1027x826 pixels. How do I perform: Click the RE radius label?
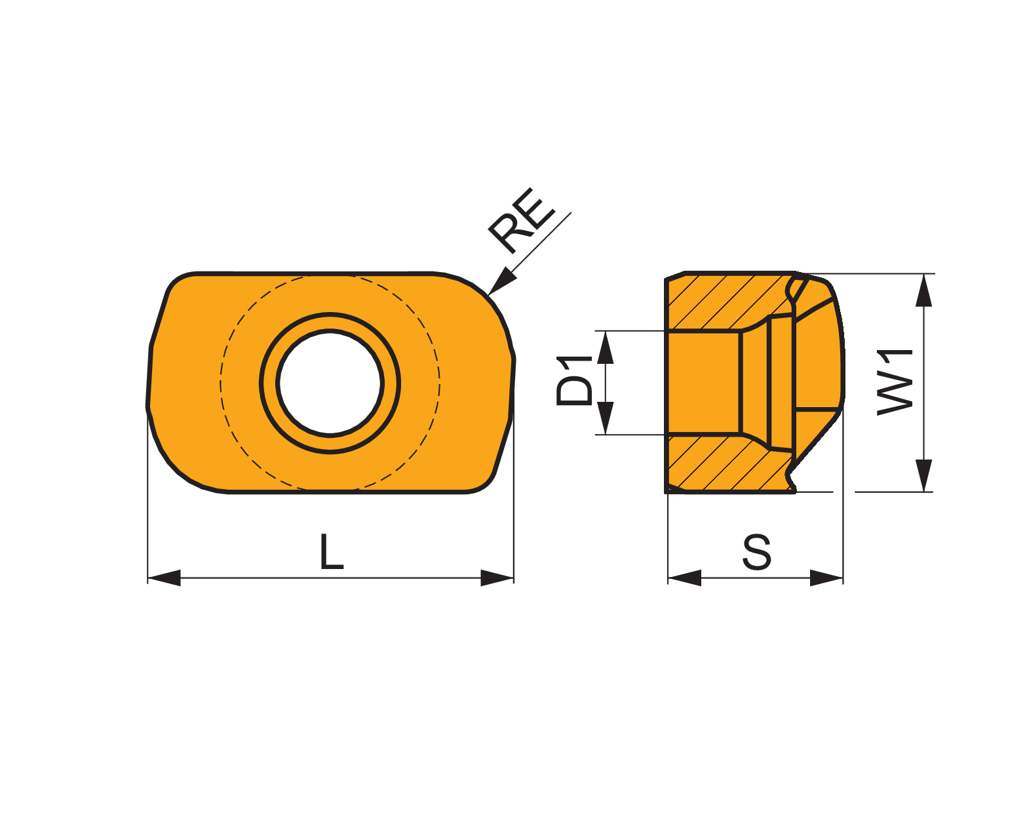pyautogui.click(x=521, y=220)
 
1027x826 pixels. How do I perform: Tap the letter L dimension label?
pyautogui.click(x=332, y=551)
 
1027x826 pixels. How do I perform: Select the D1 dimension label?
pyautogui.click(x=574, y=381)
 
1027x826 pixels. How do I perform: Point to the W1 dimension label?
pyautogui.click(x=895, y=383)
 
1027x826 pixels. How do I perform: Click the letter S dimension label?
pyautogui.click(x=757, y=552)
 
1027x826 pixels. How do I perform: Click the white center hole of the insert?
pyautogui.click(x=330, y=383)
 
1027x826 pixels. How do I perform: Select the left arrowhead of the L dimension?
pyautogui.click(x=164, y=578)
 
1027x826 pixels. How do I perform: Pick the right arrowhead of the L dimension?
pyautogui.click(x=497, y=578)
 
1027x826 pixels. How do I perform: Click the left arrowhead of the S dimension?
pyautogui.click(x=684, y=578)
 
